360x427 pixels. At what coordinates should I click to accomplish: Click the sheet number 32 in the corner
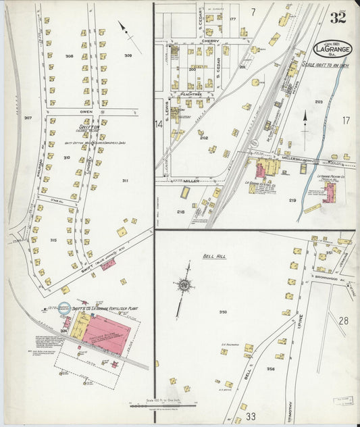338,18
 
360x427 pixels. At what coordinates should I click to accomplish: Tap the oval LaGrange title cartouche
332,49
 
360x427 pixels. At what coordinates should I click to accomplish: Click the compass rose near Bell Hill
184,284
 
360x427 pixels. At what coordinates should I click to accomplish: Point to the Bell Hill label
214,257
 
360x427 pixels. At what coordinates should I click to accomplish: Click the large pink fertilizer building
108,334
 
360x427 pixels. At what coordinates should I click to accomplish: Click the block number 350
222,312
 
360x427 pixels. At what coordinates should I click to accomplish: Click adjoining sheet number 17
346,122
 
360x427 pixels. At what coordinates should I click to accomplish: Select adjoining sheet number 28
343,320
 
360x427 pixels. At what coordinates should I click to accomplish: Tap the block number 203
318,102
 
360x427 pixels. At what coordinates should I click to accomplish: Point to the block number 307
28,118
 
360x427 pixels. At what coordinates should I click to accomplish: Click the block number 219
292,200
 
